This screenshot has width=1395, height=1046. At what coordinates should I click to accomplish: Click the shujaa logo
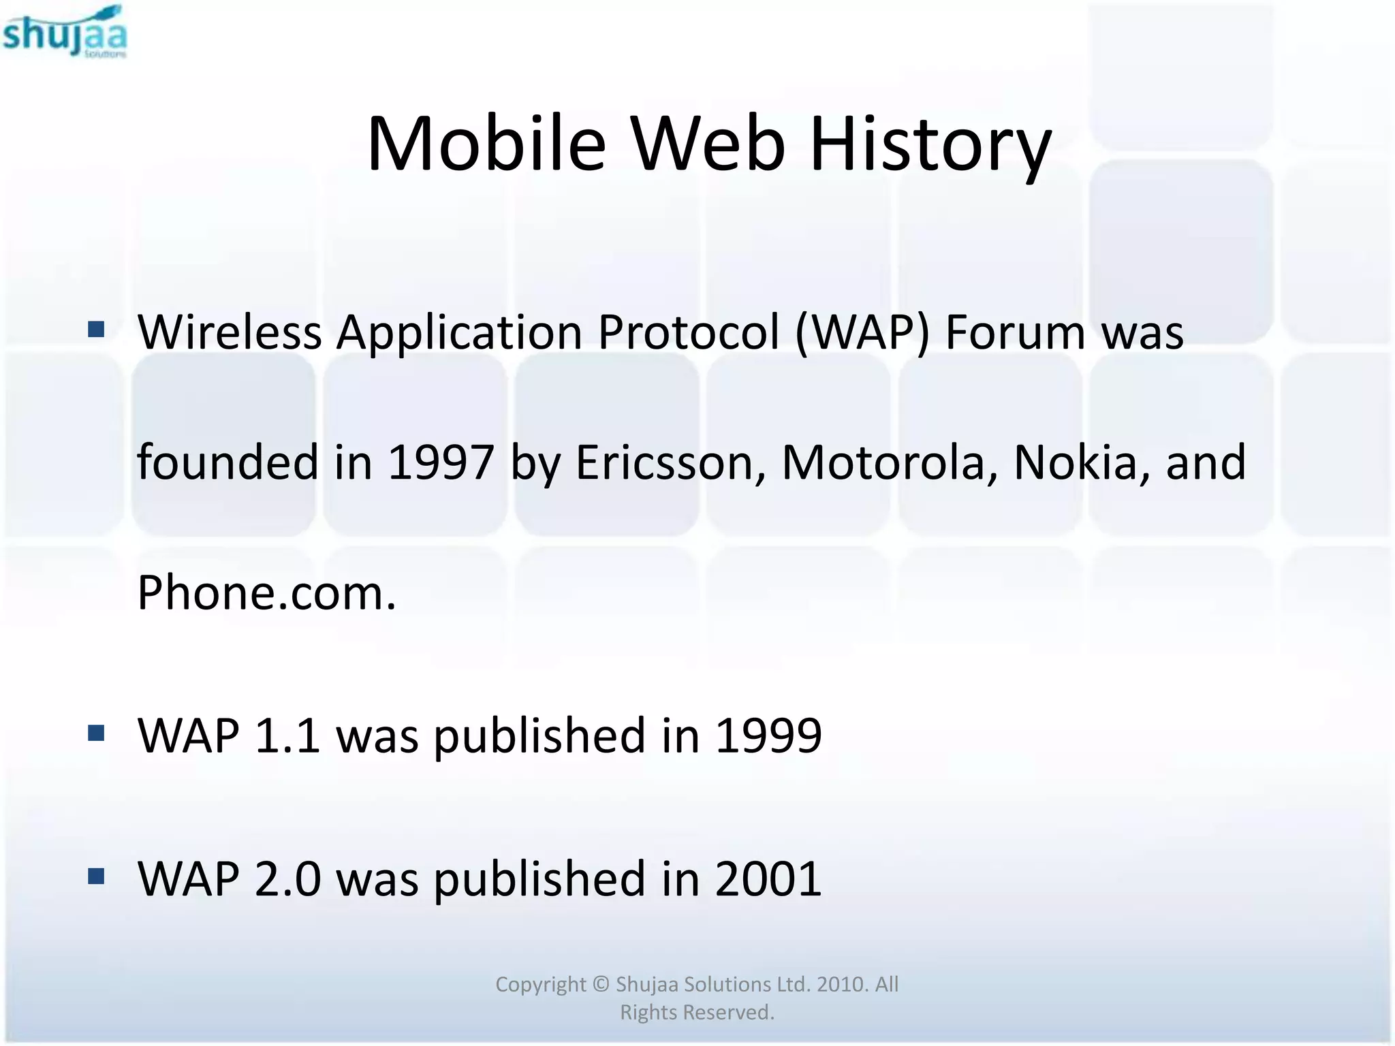click(65, 32)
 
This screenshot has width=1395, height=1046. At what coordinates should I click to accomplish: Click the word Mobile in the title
click(486, 144)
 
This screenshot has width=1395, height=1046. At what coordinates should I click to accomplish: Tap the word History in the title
click(930, 144)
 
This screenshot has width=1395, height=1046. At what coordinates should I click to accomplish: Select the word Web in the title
click(708, 144)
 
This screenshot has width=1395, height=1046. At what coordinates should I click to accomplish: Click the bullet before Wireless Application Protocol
click(96, 330)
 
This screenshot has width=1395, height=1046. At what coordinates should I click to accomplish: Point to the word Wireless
click(230, 332)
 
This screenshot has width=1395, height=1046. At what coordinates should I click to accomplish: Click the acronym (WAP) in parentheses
click(862, 332)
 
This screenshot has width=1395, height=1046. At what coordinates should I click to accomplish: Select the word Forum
click(1015, 332)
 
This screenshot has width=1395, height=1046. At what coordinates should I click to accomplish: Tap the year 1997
click(440, 462)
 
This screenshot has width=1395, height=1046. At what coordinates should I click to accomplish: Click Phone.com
click(266, 593)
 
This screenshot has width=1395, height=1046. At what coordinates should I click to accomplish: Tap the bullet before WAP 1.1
click(96, 733)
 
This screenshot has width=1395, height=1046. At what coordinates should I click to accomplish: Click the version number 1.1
click(287, 736)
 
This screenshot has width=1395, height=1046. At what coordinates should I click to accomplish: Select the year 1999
click(768, 736)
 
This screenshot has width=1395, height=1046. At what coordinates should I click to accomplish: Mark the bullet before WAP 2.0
click(96, 876)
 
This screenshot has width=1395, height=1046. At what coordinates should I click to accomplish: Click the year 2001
click(768, 879)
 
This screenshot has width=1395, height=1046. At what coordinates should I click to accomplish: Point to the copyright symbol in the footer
click(600, 984)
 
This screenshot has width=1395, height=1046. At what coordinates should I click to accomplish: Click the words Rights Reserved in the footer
click(697, 1013)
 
